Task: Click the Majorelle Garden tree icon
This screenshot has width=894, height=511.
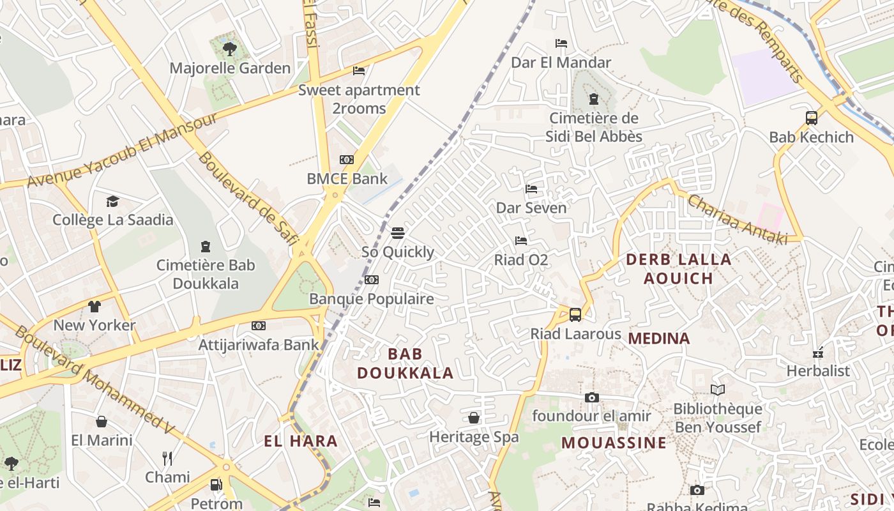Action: (x=229, y=49)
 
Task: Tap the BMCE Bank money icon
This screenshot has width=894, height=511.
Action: (x=347, y=160)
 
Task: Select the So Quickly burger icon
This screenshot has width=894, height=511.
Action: (x=398, y=233)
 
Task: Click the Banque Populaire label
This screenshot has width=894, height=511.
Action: (x=371, y=298)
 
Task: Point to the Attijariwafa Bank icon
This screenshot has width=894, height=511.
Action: (x=258, y=326)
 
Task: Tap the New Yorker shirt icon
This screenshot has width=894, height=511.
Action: (x=95, y=306)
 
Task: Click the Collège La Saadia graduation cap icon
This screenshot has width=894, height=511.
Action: (x=113, y=201)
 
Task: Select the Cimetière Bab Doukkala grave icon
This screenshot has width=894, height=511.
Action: (x=206, y=246)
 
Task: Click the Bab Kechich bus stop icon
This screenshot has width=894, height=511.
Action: (x=812, y=118)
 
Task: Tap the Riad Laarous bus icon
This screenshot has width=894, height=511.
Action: (x=575, y=315)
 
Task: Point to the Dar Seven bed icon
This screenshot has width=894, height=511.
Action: (x=531, y=189)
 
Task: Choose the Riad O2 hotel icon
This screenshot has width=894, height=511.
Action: (x=521, y=241)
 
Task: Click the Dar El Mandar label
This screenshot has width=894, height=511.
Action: (x=561, y=63)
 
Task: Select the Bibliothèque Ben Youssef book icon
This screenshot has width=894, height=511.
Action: (x=718, y=390)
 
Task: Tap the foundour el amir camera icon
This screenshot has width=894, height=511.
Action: (x=591, y=397)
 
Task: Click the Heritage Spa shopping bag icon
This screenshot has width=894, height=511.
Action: (x=474, y=418)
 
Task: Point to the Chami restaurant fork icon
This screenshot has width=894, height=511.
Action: (x=167, y=458)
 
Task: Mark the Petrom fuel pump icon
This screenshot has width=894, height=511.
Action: (x=216, y=485)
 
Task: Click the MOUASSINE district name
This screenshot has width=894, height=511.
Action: (x=613, y=443)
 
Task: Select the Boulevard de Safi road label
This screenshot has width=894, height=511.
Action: (x=248, y=198)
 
